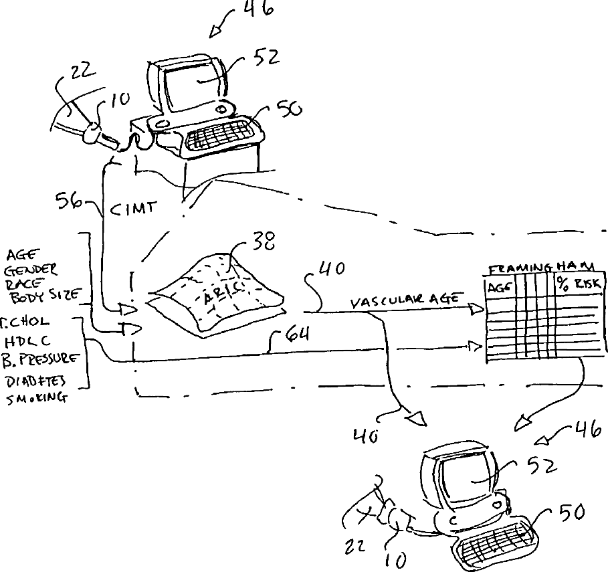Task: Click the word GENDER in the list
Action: [32, 269]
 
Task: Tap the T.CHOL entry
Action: [25, 322]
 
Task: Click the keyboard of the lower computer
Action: [494, 542]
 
